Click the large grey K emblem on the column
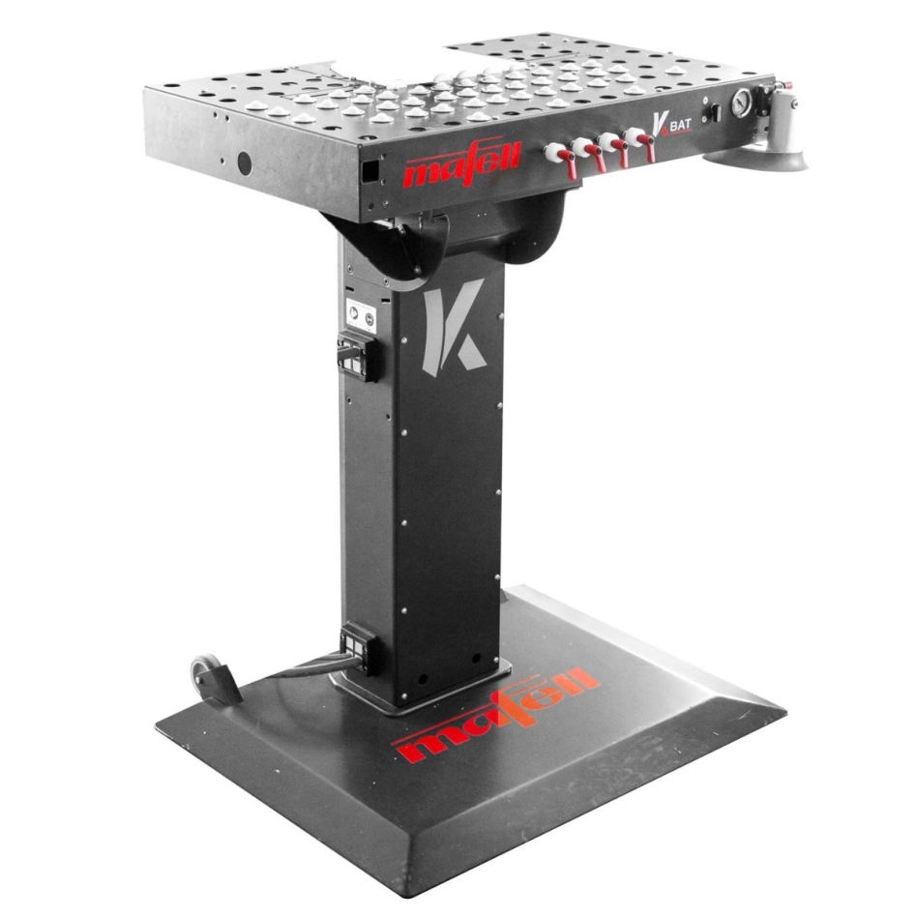coord(452,327)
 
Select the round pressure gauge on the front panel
coord(741,104)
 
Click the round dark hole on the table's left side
coord(244,164)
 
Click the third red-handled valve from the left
coord(615,148)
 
